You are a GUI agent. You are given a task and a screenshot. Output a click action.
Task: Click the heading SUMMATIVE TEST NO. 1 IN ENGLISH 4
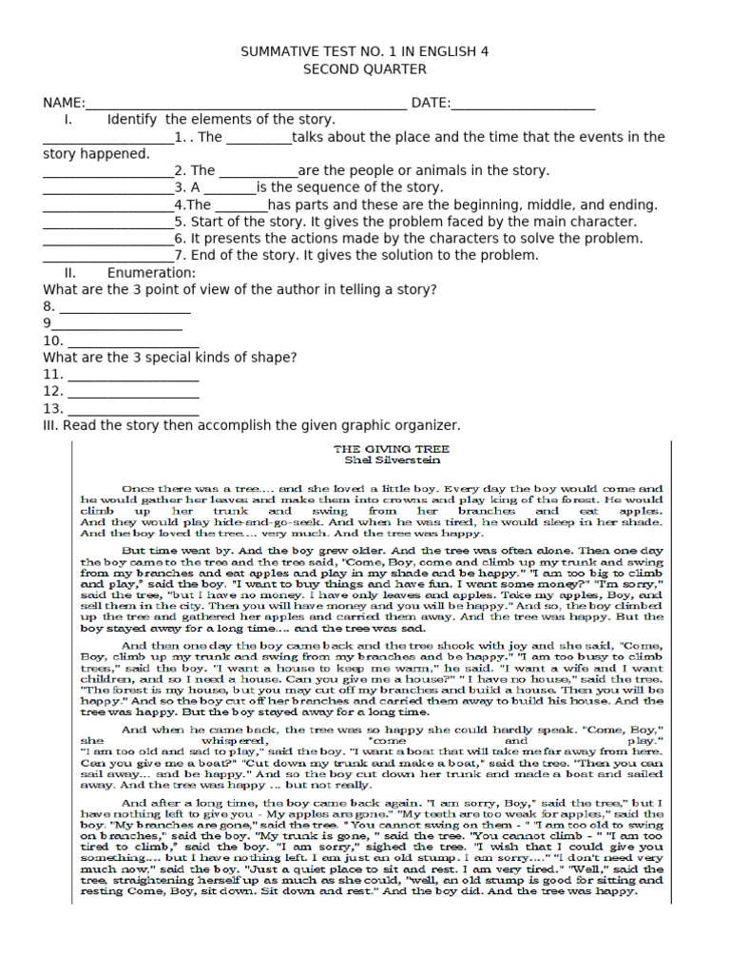[x=365, y=51]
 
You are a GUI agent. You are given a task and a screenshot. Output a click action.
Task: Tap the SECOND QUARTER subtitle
[x=365, y=69]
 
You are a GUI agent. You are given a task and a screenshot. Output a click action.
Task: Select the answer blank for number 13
[x=133, y=413]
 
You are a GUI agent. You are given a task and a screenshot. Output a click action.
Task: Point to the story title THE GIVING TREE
[x=391, y=448]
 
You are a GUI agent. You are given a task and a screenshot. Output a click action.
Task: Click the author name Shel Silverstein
[x=391, y=459]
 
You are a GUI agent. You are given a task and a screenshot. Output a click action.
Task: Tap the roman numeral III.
[x=51, y=425]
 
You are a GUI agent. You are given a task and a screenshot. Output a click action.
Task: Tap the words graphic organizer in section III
[x=403, y=425]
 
